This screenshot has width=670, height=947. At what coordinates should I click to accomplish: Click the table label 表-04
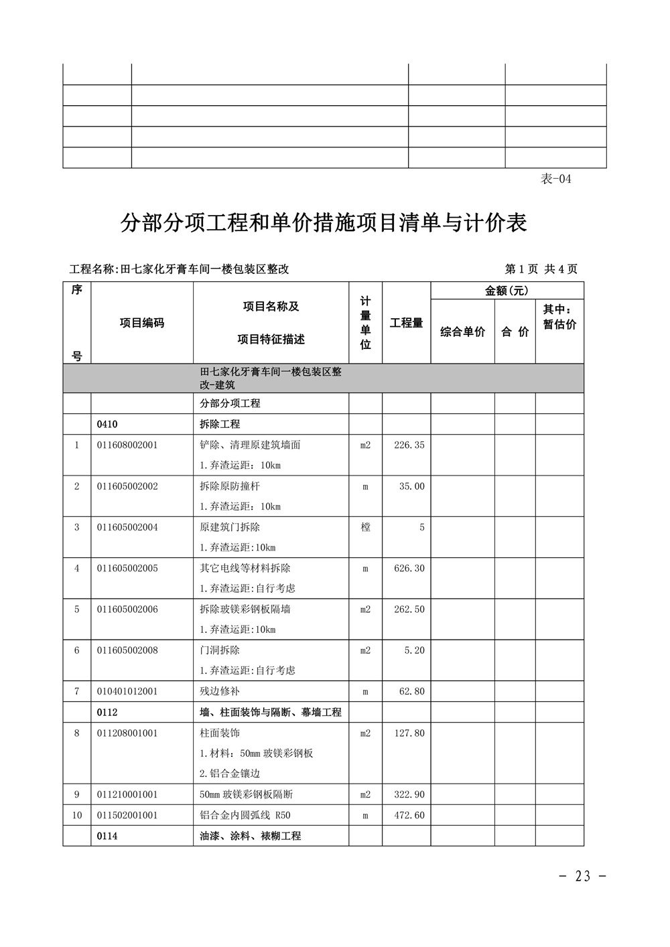pyautogui.click(x=555, y=179)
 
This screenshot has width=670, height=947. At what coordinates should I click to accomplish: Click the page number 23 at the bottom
pyautogui.click(x=582, y=876)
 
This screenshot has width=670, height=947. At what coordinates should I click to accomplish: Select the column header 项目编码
pyautogui.click(x=142, y=323)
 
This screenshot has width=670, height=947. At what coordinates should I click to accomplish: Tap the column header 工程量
pyautogui.click(x=406, y=323)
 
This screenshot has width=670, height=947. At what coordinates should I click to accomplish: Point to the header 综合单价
pyautogui.click(x=462, y=332)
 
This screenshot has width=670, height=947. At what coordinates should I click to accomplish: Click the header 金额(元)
pyautogui.click(x=507, y=291)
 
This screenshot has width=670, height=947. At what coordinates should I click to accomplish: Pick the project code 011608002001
pyautogui.click(x=127, y=445)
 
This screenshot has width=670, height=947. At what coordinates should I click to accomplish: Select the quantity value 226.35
pyautogui.click(x=409, y=445)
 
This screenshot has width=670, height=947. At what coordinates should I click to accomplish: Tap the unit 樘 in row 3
pyautogui.click(x=365, y=527)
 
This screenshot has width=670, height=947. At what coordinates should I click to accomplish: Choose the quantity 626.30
pyautogui.click(x=409, y=569)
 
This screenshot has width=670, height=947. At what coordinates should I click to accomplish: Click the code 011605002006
pyautogui.click(x=127, y=609)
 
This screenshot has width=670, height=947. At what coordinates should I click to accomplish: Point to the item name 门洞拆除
pyautogui.click(x=220, y=650)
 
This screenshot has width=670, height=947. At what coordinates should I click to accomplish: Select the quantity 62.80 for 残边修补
pyautogui.click(x=412, y=691)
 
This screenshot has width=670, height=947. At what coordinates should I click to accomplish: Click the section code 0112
pyautogui.click(x=107, y=712)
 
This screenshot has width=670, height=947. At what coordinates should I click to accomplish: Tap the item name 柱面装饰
pyautogui.click(x=220, y=733)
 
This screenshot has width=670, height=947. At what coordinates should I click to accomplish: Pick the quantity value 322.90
pyautogui.click(x=409, y=794)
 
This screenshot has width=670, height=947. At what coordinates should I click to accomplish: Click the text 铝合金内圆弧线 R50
pyautogui.click(x=245, y=815)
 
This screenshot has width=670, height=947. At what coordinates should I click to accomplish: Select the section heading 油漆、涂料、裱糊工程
pyautogui.click(x=251, y=836)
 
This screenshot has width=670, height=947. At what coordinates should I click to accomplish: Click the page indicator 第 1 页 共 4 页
pyautogui.click(x=541, y=269)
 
